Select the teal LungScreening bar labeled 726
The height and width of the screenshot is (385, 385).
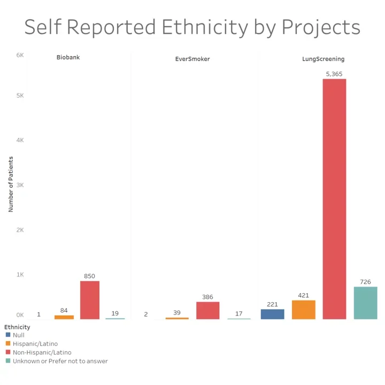(x=366, y=303)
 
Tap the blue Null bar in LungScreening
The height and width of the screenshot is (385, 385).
(x=272, y=314)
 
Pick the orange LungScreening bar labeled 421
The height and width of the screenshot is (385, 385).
(x=303, y=310)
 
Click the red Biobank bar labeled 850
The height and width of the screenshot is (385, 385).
(x=90, y=300)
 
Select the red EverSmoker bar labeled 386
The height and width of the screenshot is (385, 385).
(x=207, y=310)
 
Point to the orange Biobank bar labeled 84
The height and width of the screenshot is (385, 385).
(x=64, y=317)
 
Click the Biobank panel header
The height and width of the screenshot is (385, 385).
(x=68, y=57)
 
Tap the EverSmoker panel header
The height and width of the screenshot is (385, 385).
(x=192, y=59)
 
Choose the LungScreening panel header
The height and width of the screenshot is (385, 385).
(x=323, y=59)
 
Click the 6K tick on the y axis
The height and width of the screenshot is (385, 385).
(x=20, y=55)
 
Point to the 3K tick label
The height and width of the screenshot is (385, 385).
(x=20, y=185)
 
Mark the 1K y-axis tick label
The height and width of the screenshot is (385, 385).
(x=20, y=274)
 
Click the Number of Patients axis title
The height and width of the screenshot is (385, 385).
(x=11, y=184)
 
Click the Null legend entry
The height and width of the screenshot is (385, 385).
(x=18, y=335)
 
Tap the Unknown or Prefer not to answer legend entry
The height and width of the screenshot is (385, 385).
(x=60, y=361)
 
